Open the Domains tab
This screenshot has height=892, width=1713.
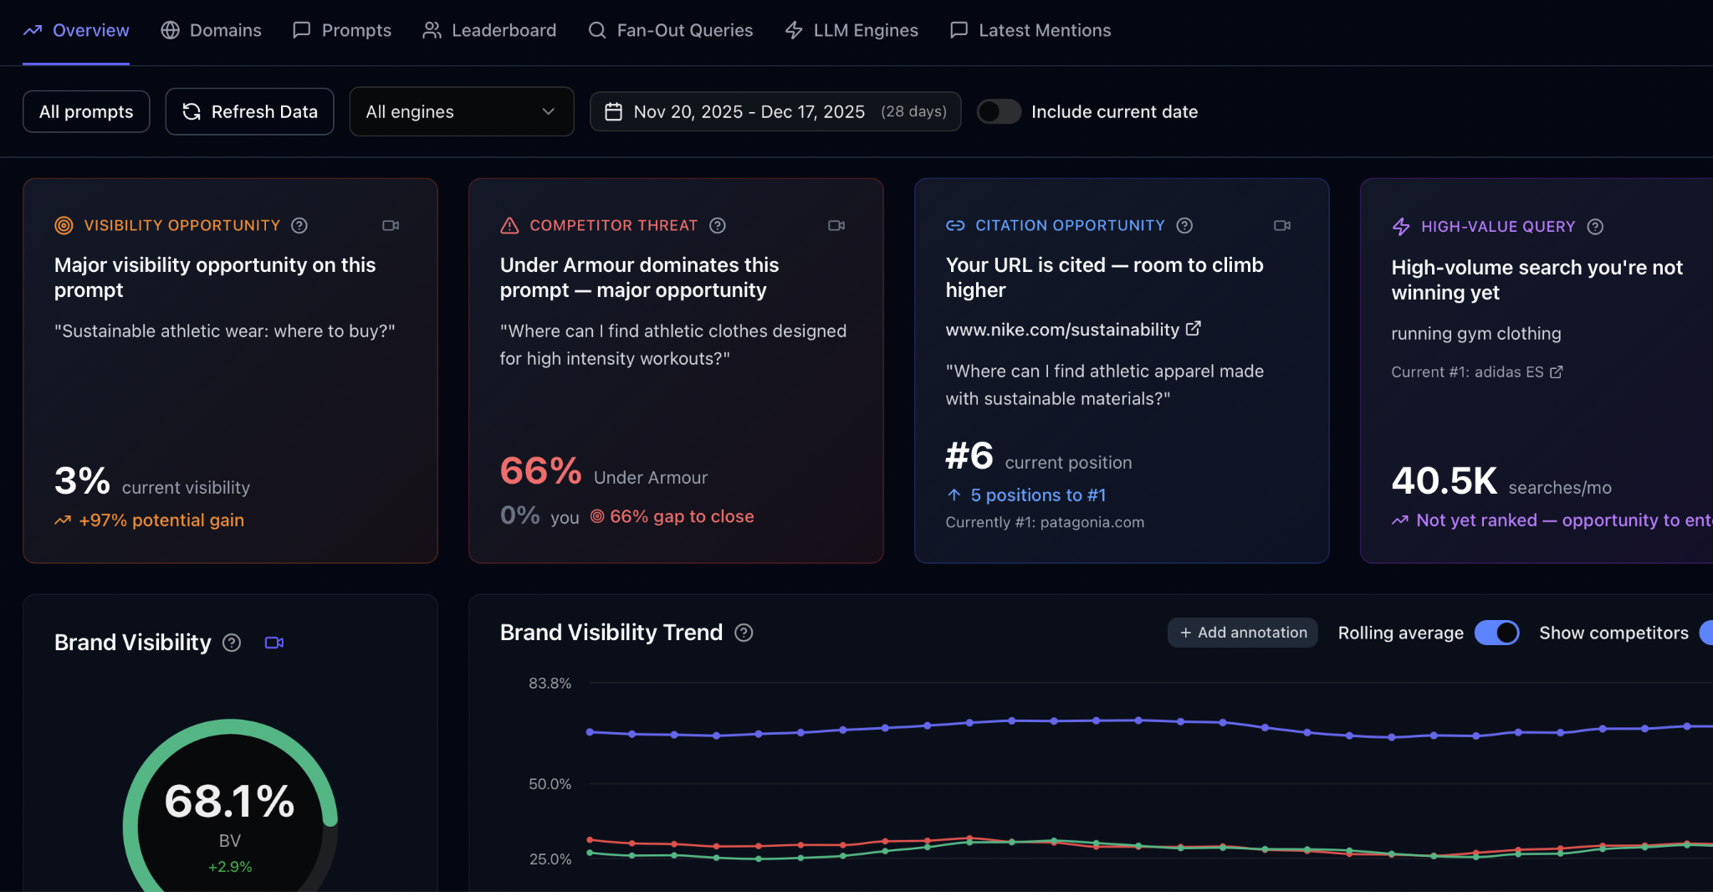211,30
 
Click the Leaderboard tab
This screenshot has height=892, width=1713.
489,30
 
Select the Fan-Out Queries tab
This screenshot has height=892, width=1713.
671,30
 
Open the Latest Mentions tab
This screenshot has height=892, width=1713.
1030,30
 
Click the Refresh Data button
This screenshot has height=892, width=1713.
249,111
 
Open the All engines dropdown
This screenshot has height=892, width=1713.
461,111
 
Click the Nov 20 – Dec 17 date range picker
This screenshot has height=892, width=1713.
775,111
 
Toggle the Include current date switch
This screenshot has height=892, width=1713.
999,111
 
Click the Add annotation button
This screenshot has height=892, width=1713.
1243,633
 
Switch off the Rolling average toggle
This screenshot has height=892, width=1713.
1496,633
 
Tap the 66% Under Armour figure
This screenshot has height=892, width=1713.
540,471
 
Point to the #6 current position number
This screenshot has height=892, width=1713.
969,457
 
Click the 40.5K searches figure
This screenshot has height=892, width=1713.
1444,481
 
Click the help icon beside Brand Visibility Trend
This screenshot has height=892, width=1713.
744,633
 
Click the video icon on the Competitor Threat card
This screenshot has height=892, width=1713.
836,225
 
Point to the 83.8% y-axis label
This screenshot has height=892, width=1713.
550,683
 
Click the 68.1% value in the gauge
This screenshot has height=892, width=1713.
229,802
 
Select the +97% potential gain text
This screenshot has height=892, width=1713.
161,520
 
